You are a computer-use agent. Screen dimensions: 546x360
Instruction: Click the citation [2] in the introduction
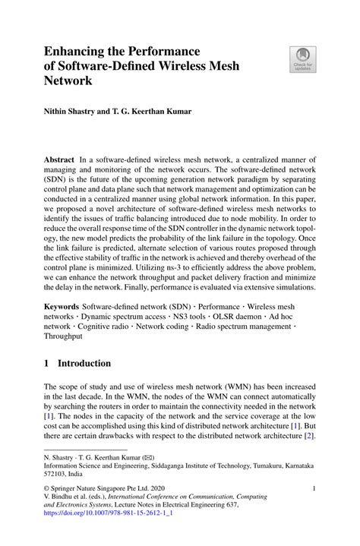point(310,437)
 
